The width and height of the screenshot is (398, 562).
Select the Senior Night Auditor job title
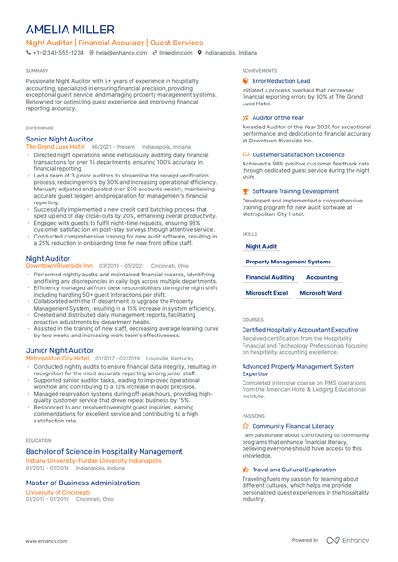[x=59, y=140]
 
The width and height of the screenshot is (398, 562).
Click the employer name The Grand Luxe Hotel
[x=55, y=147]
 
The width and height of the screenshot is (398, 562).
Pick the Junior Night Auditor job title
[x=59, y=351]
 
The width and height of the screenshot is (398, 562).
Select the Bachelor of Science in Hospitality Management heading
[x=104, y=452]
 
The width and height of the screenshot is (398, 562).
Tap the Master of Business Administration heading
[x=82, y=483]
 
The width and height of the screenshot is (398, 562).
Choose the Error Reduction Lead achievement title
[x=281, y=81]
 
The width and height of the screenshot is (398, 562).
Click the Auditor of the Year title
[x=278, y=118]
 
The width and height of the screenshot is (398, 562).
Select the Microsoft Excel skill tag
[x=267, y=292]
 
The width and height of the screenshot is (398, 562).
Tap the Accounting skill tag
[x=322, y=277]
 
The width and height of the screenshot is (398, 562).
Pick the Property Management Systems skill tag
[x=288, y=263]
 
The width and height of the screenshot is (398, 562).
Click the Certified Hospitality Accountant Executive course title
[x=300, y=329]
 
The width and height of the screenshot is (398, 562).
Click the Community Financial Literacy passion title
[x=299, y=426]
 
